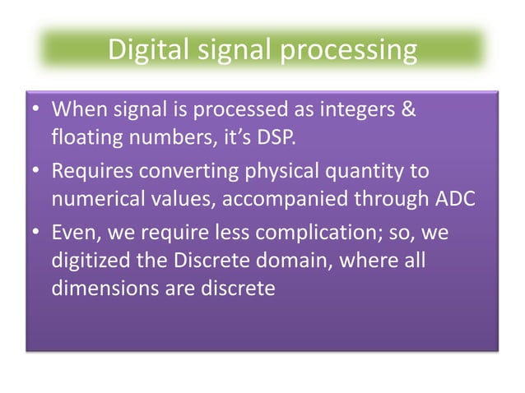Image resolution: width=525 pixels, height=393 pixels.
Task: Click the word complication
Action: (306, 233)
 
